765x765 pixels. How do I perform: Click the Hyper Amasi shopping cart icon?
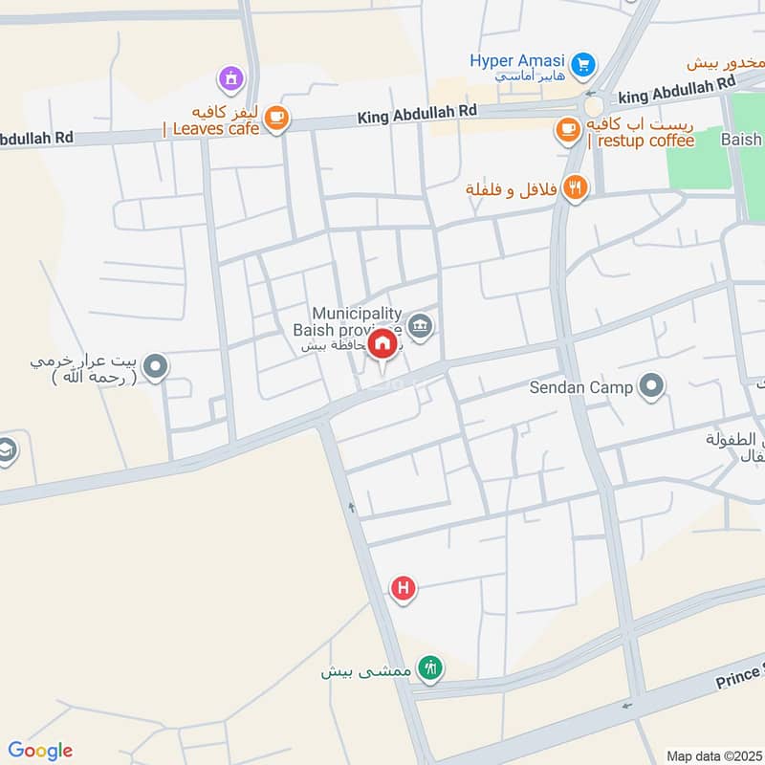point(584,65)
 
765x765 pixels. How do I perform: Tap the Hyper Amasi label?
point(516,61)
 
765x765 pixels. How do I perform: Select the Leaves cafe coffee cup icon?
point(276,118)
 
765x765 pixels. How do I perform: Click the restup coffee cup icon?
point(568,127)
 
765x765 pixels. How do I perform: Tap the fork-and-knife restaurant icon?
point(575,187)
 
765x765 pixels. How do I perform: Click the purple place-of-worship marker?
point(229,77)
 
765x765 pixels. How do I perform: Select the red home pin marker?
point(382,342)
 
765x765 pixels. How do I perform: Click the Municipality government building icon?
point(420,327)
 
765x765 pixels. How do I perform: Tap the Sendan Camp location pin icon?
point(653,387)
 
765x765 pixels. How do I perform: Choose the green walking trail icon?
point(431,669)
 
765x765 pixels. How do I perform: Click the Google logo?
point(40,751)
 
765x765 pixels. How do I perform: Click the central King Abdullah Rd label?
point(417,113)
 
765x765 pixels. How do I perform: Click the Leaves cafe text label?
point(211,127)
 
